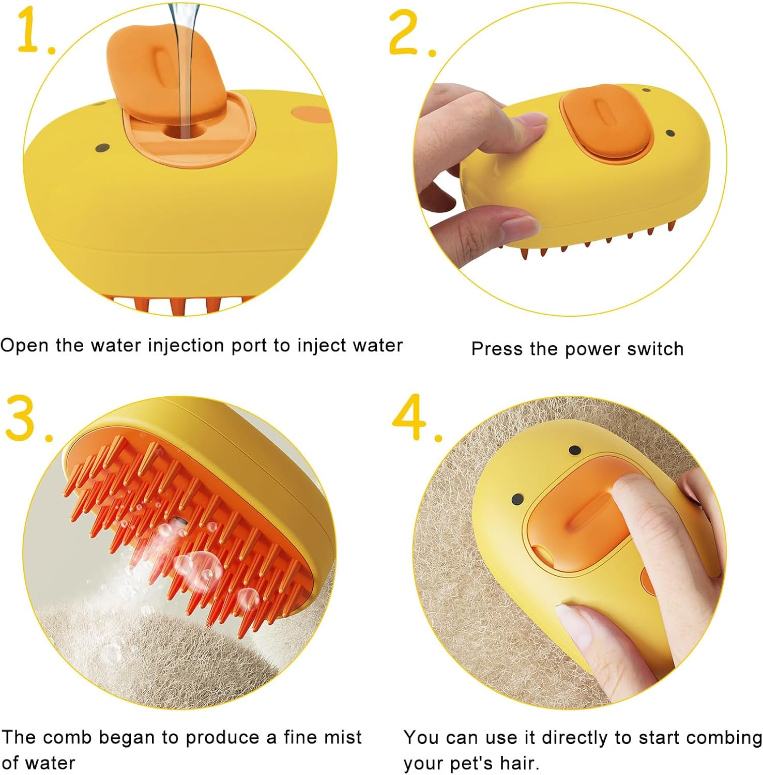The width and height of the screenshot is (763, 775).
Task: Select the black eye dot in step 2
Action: tap(670, 134)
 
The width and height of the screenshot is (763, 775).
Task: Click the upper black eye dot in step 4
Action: tap(574, 451)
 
